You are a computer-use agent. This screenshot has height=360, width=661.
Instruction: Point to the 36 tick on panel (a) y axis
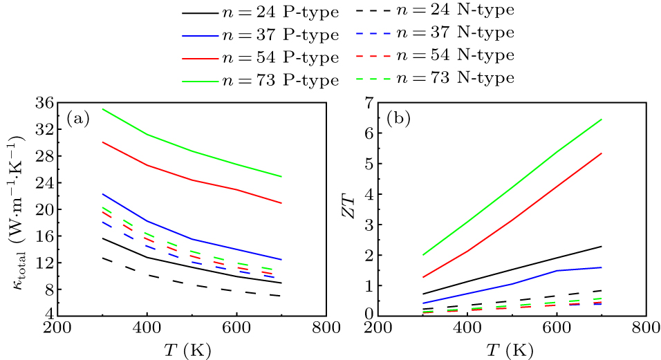(x=44, y=102)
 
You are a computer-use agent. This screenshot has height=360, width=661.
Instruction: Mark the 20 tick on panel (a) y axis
(x=44, y=209)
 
